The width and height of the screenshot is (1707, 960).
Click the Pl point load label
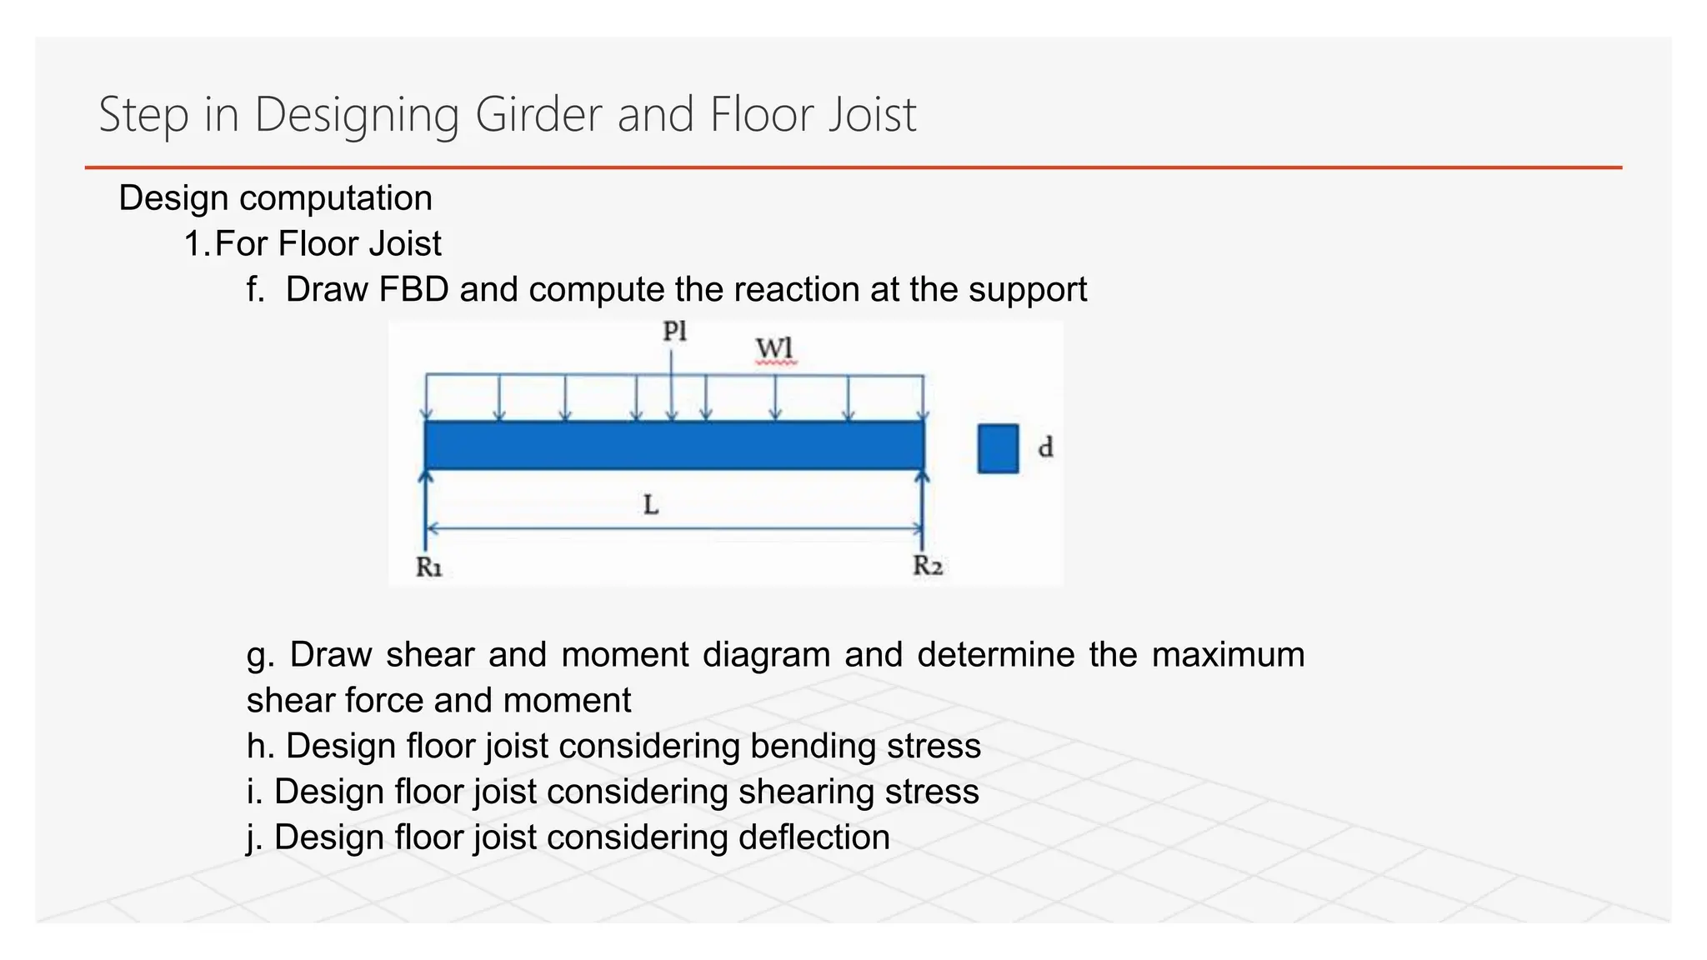point(674,332)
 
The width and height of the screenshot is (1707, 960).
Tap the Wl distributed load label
point(775,348)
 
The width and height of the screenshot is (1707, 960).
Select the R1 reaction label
point(429,567)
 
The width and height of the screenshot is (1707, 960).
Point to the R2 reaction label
point(928,566)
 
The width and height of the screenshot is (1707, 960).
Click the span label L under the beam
point(651,504)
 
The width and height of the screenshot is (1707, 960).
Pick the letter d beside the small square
point(1045,448)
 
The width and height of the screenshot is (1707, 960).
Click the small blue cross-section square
point(998,448)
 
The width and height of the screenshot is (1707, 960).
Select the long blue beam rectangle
point(674,445)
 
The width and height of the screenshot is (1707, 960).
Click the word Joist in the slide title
point(872,114)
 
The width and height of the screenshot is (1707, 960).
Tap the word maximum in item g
point(1228,654)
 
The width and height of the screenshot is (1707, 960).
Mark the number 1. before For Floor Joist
point(197,244)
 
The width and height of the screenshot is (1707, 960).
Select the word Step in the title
point(143,115)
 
